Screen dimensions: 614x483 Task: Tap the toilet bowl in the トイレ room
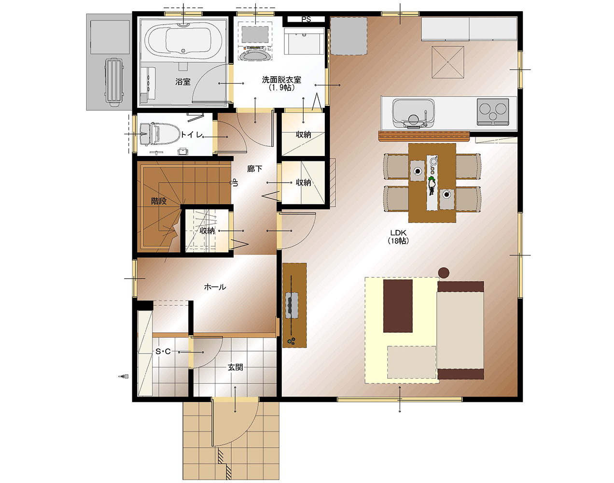[166, 134]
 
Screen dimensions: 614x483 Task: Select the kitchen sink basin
[413, 113]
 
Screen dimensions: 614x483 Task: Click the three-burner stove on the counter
[493, 112]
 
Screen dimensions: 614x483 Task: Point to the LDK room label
[398, 237]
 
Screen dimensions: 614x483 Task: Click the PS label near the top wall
[306, 19]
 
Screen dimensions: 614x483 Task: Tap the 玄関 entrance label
[235, 367]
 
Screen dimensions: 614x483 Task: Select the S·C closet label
[163, 352]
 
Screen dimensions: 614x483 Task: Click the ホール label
[215, 287]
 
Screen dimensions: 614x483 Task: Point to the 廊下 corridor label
[254, 169]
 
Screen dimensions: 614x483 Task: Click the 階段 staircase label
[159, 201]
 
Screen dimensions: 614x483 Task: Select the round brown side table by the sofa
[444, 272]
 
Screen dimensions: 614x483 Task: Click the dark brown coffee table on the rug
[398, 306]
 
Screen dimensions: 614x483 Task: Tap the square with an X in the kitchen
[447, 62]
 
